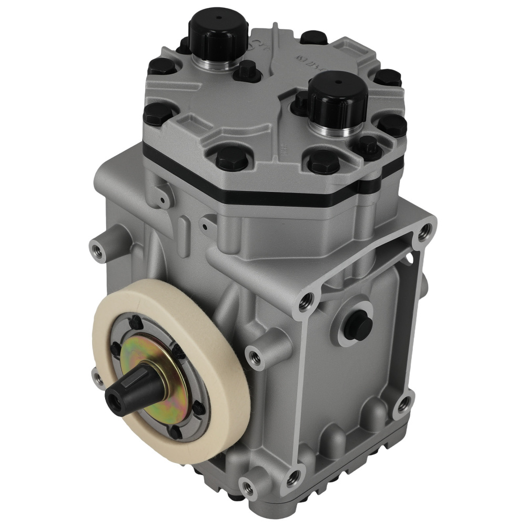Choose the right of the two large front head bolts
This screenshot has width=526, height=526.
pos(322,161)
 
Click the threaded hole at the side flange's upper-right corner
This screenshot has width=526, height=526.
pos(425,229)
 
